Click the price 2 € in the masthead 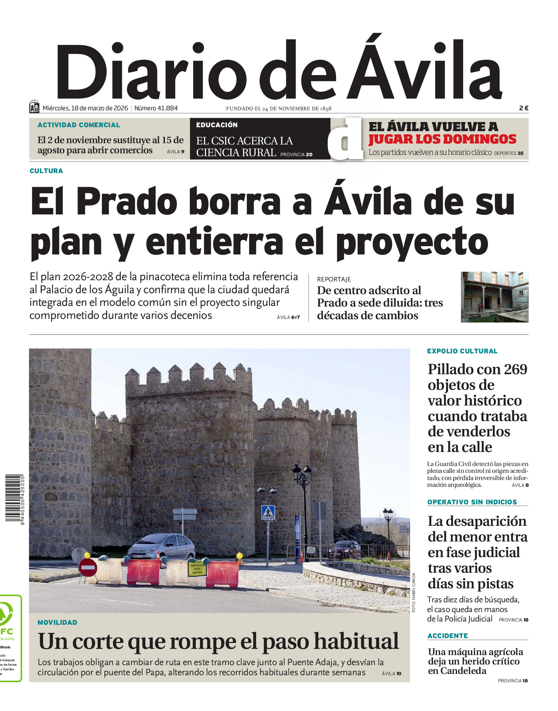click(523, 108)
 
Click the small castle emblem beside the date click(34, 107)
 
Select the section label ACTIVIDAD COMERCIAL click(79, 125)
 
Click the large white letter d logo click(346, 140)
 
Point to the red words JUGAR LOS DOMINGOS click(442, 139)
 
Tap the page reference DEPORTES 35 click(509, 153)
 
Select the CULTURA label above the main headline click(46, 171)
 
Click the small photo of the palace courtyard click(494, 297)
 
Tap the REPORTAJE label click(334, 279)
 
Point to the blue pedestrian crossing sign click(268, 512)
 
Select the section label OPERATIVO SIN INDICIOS click(472, 502)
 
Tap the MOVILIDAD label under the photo click(58, 622)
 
